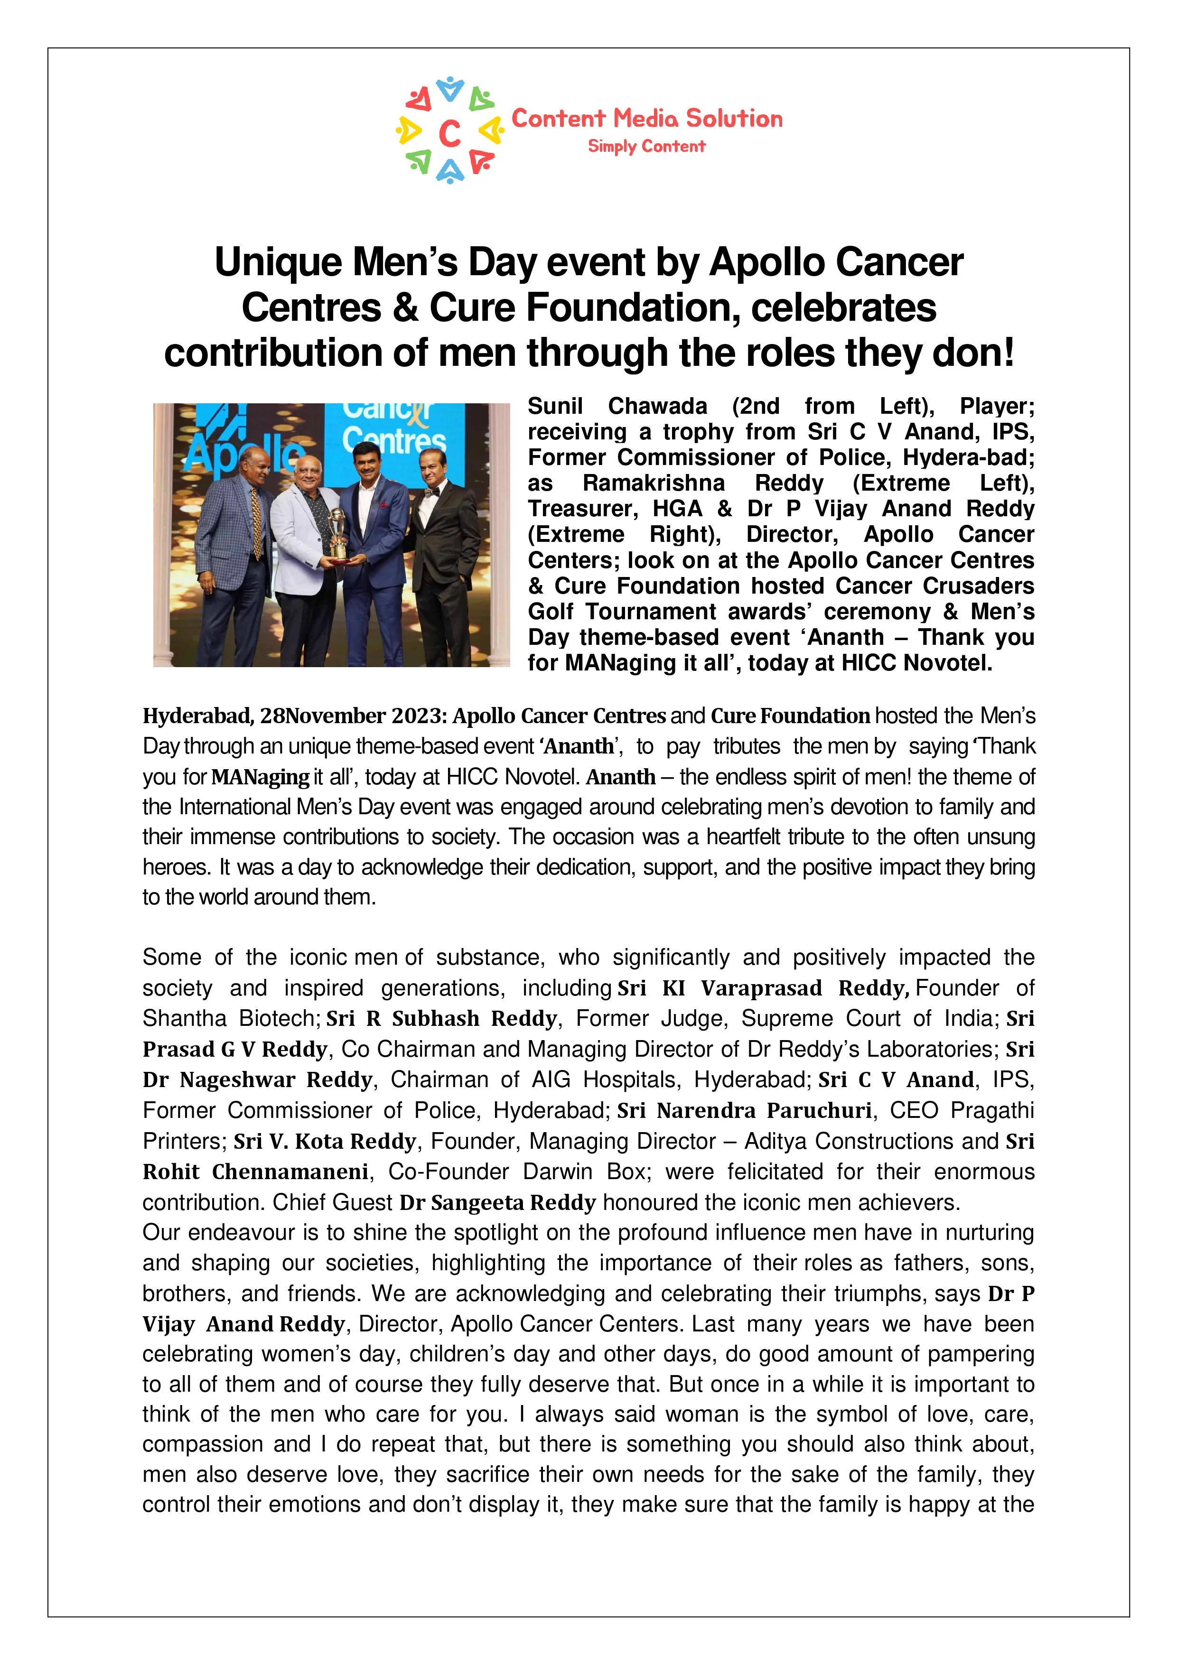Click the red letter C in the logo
pyautogui.click(x=449, y=133)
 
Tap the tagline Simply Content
pyautogui.click(x=646, y=147)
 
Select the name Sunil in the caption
pyautogui.click(x=555, y=406)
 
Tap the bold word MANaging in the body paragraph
pyautogui.click(x=261, y=777)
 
